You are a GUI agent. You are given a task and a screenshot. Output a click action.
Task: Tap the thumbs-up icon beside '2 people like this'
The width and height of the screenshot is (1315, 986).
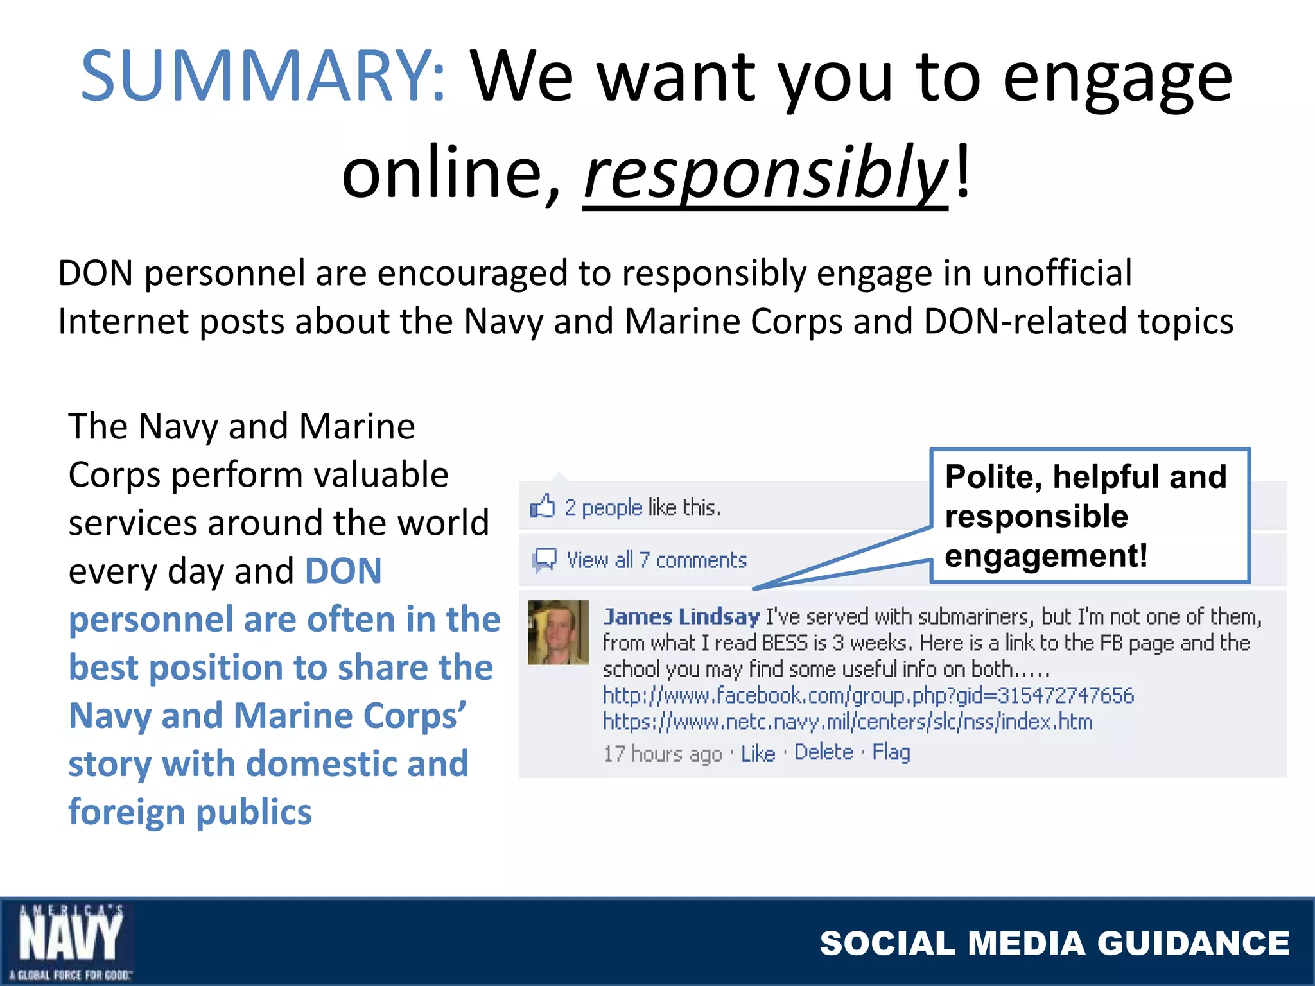click(x=542, y=507)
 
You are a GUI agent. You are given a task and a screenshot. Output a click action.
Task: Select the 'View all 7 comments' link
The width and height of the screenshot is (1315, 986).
click(x=656, y=560)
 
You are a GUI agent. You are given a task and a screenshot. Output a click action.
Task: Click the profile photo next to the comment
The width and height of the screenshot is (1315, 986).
click(x=558, y=632)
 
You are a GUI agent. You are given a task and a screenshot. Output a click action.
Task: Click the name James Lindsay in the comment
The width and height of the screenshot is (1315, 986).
click(x=681, y=617)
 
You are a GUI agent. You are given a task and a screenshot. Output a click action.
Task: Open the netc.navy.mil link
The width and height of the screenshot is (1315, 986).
click(x=848, y=722)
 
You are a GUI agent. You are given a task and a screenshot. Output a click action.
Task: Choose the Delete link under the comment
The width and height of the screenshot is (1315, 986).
click(x=824, y=752)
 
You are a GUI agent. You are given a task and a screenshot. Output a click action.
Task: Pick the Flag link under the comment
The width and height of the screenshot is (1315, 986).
click(x=891, y=752)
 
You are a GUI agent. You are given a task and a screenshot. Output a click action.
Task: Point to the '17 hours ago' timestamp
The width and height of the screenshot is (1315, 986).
click(x=662, y=754)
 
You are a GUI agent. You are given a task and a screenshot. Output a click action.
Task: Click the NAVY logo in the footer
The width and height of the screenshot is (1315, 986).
click(x=69, y=941)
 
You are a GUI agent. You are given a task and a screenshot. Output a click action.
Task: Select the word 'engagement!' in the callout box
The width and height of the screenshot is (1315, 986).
click(x=1046, y=556)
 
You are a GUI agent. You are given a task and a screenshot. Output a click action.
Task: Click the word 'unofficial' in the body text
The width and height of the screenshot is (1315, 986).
click(x=1057, y=273)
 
